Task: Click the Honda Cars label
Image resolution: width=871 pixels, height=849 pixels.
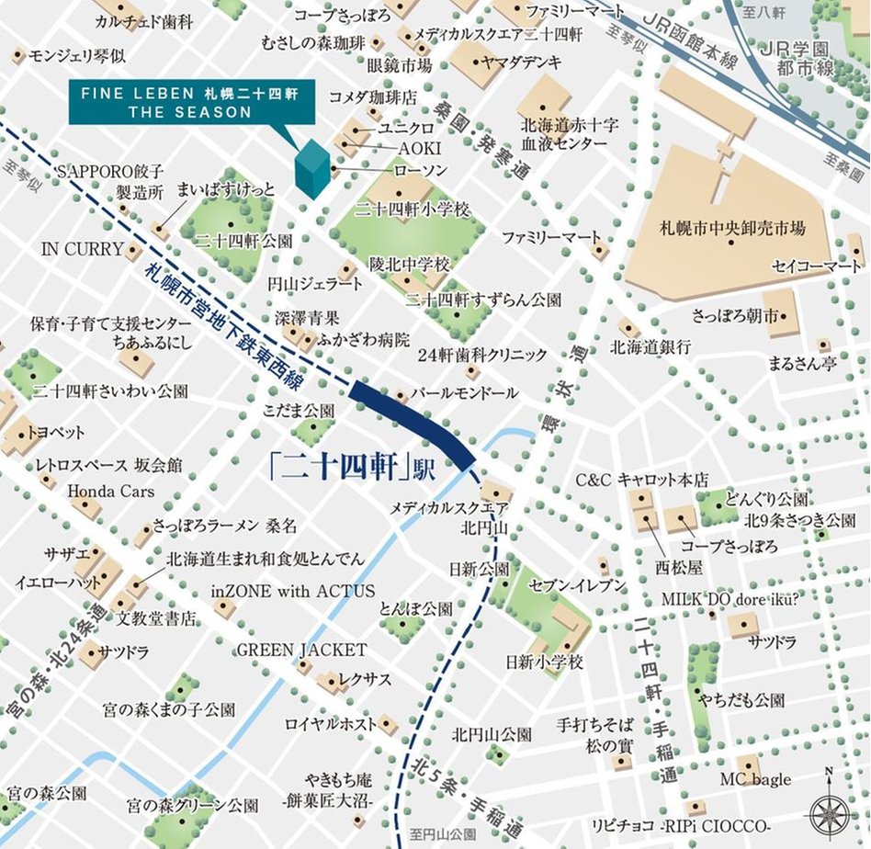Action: [111, 491]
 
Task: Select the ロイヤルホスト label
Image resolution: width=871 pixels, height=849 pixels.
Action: [326, 723]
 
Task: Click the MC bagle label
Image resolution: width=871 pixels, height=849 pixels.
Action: [754, 779]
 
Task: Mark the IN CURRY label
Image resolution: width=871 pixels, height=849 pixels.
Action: [83, 249]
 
